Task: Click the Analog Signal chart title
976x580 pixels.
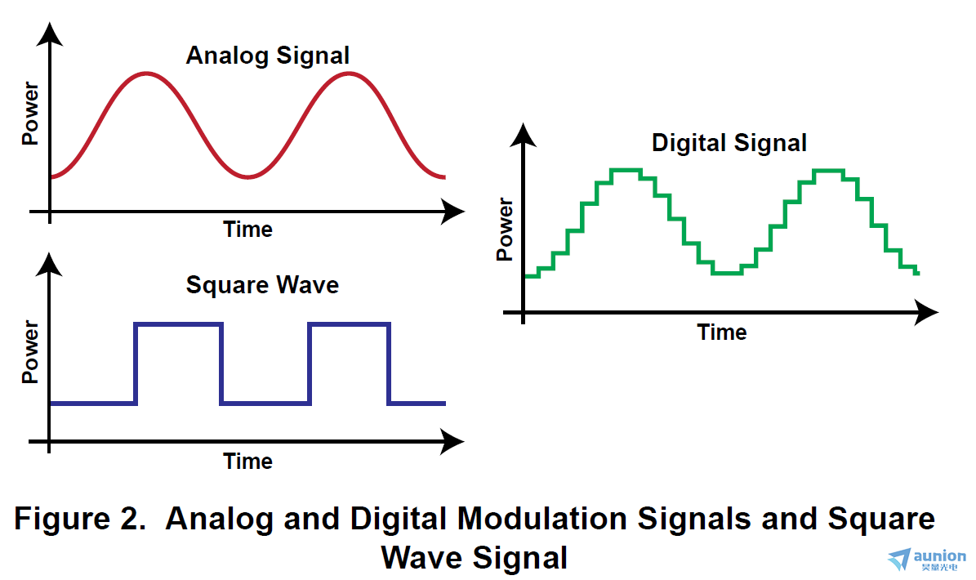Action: (268, 56)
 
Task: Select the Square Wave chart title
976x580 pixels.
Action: (262, 285)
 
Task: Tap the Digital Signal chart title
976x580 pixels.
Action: (729, 143)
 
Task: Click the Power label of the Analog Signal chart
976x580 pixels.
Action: (30, 114)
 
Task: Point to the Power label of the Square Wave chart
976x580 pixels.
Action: (30, 351)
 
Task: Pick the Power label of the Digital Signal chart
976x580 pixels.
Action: (504, 230)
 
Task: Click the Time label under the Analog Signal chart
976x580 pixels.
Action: (247, 230)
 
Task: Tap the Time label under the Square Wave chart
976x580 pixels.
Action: (247, 461)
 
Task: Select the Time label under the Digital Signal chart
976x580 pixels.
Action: (721, 332)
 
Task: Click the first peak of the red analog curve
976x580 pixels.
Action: (146, 74)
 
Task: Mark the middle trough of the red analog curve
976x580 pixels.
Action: (248, 177)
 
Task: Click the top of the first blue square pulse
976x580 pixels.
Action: (179, 323)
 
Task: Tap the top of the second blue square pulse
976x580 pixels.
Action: (350, 323)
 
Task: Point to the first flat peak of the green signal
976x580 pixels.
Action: (626, 170)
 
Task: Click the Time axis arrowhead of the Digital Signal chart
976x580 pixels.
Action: (927, 312)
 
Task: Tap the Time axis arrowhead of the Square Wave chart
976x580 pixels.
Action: (452, 442)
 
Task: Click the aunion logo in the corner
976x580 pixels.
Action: (927, 559)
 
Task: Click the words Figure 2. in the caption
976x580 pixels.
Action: (80, 519)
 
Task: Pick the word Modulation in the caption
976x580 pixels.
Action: (541, 519)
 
